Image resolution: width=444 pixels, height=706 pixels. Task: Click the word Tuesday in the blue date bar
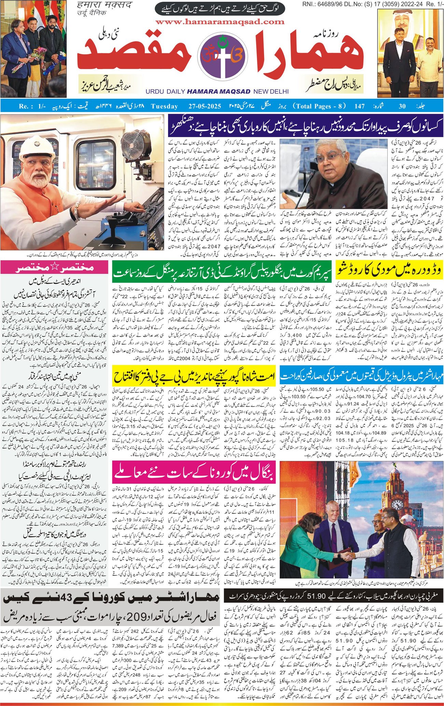[166, 106]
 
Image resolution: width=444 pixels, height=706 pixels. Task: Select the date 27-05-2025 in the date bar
[205, 106]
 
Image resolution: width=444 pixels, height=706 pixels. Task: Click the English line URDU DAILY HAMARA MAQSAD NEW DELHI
[217, 92]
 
